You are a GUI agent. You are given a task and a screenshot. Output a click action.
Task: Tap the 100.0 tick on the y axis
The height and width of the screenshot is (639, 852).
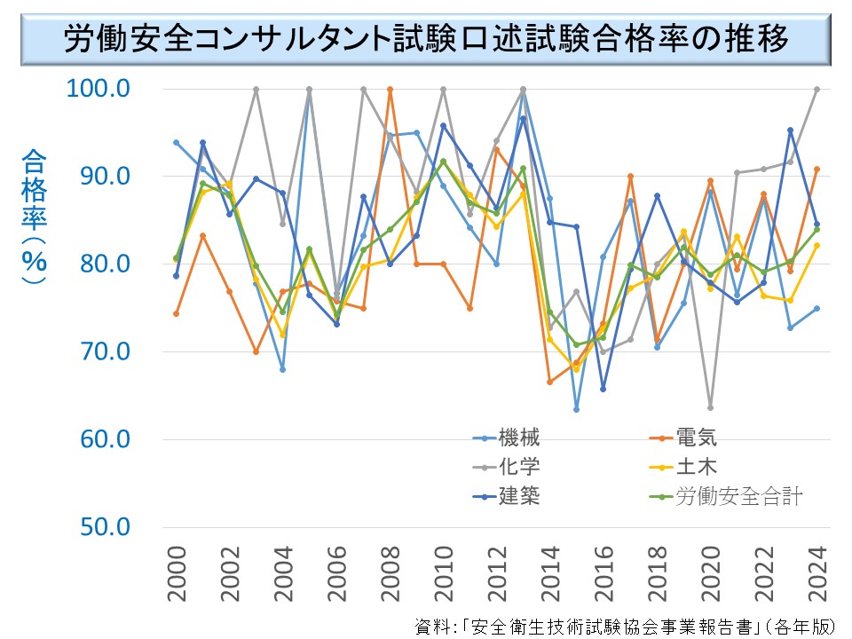tap(99, 89)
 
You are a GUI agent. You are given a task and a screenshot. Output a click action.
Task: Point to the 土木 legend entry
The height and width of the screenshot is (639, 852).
tap(696, 466)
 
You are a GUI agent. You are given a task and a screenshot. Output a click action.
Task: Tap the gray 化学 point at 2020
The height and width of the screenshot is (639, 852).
tap(710, 407)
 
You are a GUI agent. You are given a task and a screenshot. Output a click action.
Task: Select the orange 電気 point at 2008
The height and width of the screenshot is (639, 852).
tap(390, 89)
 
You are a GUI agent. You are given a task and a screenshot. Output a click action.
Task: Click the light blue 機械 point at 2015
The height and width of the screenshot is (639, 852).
tap(576, 409)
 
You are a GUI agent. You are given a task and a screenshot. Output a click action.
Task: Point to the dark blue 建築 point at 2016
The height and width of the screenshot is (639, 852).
tap(603, 389)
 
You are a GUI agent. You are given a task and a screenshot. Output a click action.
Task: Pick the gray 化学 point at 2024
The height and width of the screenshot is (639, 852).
tap(816, 89)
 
